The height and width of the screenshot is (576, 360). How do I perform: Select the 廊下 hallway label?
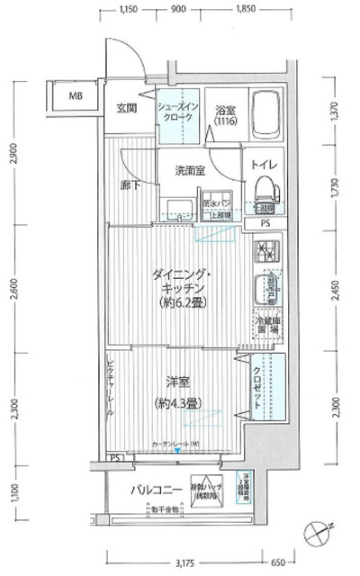(x=130, y=186)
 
